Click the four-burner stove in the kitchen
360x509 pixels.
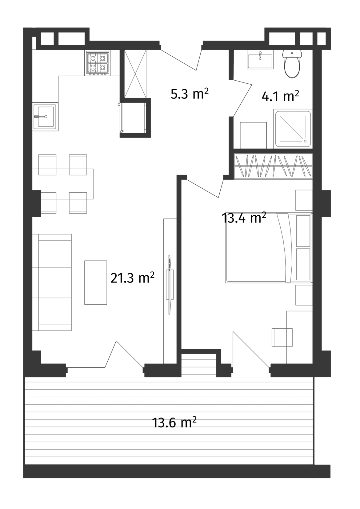(x=98, y=63)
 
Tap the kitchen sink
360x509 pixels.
(x=45, y=116)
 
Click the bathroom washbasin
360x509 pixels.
(x=260, y=59)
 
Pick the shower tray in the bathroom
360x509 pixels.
(x=293, y=129)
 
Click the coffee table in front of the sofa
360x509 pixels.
(x=96, y=282)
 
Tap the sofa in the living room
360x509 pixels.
(x=52, y=282)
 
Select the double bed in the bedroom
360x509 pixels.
(x=262, y=248)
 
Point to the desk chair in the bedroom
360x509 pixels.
(x=282, y=337)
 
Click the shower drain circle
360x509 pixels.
(x=305, y=141)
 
